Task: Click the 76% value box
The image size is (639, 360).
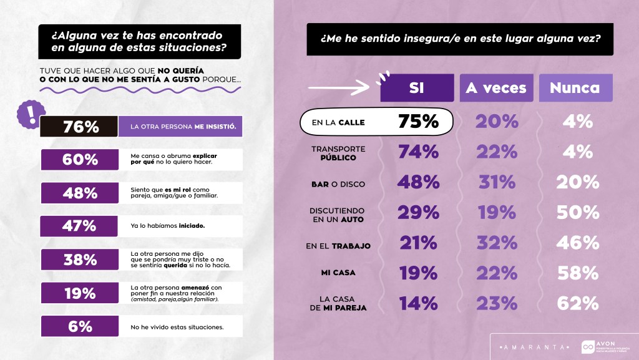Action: coord(79,127)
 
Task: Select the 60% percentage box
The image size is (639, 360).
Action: coord(79,159)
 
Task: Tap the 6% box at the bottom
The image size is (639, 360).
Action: coord(79,326)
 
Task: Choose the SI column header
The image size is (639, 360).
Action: coord(417,88)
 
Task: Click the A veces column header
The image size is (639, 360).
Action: coord(496,88)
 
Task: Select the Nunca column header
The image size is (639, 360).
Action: coord(575,88)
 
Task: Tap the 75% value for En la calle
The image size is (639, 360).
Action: coord(417,122)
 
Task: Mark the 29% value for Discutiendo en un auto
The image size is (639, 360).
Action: coord(417,212)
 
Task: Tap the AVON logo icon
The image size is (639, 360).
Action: coord(587,346)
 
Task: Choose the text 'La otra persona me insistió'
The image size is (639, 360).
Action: coord(182,127)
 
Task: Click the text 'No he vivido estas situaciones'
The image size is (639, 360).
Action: coord(177,326)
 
